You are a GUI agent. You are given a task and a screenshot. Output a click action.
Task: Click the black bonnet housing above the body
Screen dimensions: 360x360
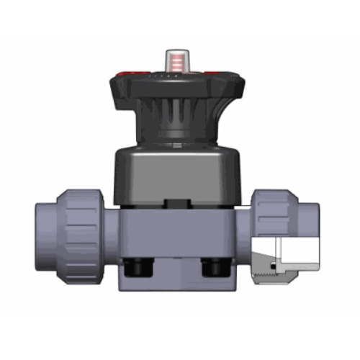click(176, 173)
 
